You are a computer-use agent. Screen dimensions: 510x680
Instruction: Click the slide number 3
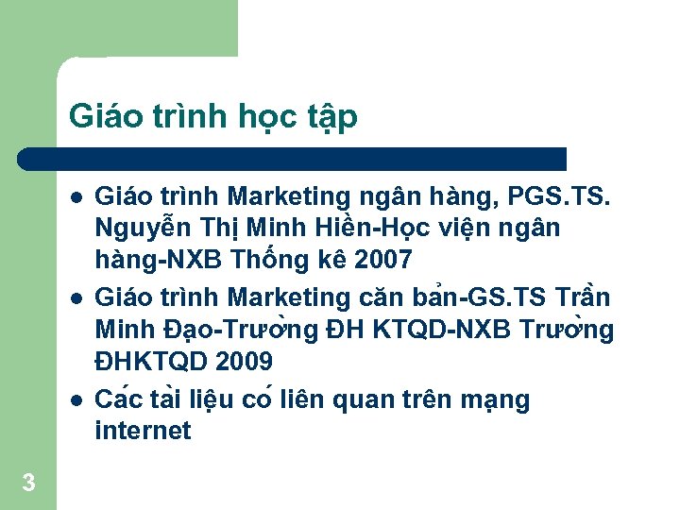tap(28, 484)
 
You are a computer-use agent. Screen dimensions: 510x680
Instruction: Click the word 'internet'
tap(143, 432)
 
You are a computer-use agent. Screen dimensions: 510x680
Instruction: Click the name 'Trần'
tap(583, 297)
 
